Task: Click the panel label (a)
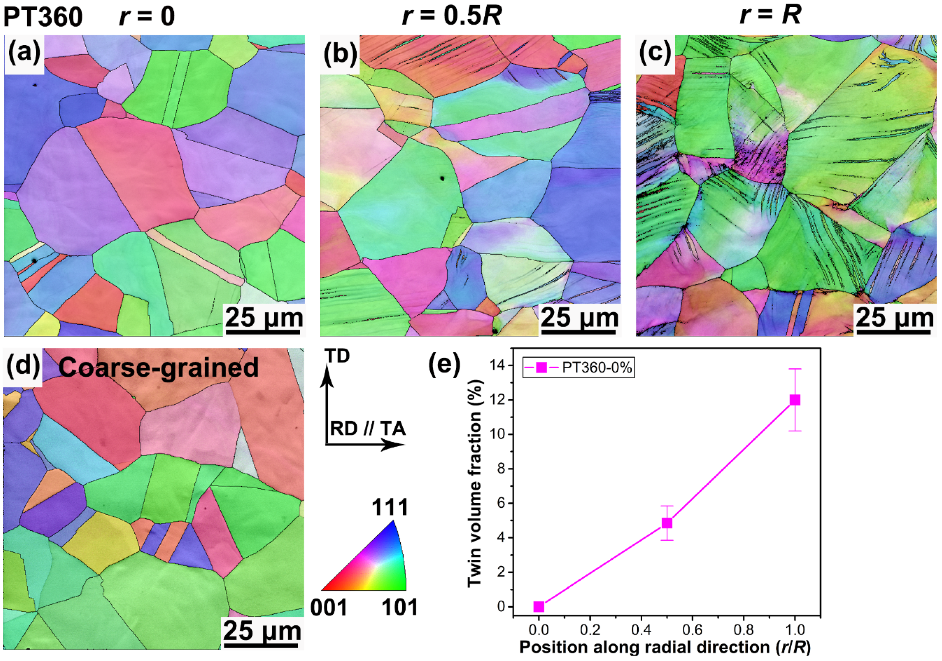(24, 54)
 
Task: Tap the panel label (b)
(340, 54)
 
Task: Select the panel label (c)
(655, 54)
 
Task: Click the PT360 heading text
(43, 17)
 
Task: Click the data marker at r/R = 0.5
(667, 523)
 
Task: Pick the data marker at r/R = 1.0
(795, 400)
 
